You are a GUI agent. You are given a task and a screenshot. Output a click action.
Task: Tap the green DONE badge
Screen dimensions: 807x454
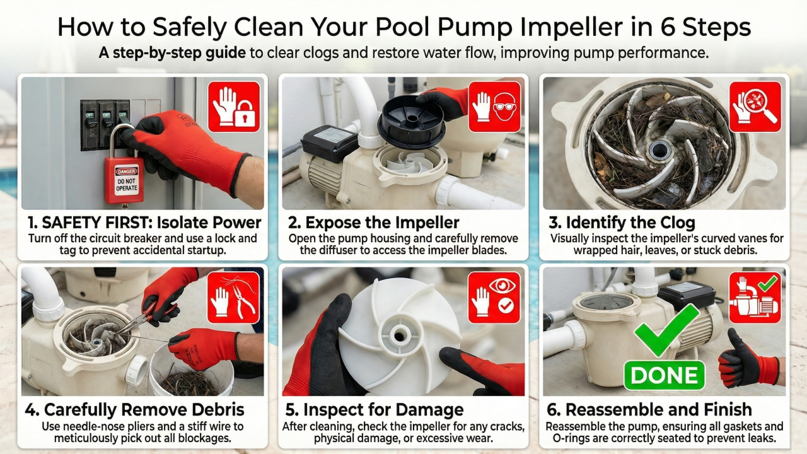(664, 375)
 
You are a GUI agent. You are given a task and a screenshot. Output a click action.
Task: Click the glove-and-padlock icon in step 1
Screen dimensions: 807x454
(234, 107)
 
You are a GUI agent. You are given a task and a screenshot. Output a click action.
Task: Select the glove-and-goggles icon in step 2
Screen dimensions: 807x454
(494, 107)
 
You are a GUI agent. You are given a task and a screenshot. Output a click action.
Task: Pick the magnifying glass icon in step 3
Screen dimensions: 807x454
(755, 107)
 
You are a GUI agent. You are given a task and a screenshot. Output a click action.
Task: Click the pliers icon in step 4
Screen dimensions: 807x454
(233, 298)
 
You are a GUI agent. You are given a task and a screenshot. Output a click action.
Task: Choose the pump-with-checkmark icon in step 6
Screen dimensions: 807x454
(755, 298)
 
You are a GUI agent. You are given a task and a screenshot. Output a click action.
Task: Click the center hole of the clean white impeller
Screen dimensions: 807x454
(399, 336)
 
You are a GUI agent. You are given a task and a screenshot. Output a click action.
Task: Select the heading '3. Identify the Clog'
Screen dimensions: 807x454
(622, 223)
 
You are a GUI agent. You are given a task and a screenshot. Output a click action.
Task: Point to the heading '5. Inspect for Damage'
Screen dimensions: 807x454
(374, 410)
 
